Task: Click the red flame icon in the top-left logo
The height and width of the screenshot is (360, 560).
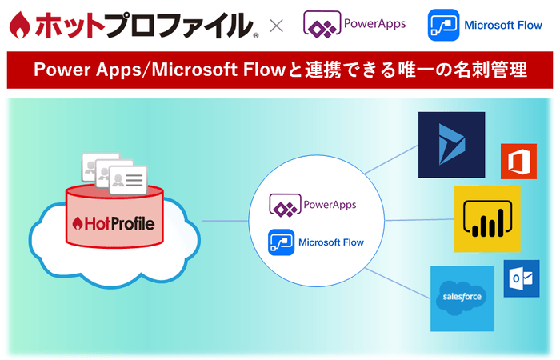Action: point(15,26)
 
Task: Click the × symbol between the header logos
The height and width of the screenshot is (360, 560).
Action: point(277,26)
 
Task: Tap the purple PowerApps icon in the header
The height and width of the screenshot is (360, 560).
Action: point(318,24)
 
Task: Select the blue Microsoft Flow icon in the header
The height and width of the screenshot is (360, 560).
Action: point(442,25)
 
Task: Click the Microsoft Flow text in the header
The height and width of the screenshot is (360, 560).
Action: point(503,25)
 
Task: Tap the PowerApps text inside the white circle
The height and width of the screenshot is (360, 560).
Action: point(330,205)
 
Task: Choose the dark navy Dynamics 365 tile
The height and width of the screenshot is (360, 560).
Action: point(452,144)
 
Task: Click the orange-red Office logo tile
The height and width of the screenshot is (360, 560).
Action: point(518,161)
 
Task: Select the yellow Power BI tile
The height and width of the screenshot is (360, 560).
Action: point(487,219)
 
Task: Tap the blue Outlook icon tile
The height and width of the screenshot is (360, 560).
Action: point(521,278)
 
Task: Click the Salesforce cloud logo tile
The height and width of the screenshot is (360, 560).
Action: point(462,298)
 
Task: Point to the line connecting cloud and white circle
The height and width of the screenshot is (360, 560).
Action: point(224,221)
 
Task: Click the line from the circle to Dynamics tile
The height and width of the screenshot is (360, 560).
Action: point(392,157)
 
